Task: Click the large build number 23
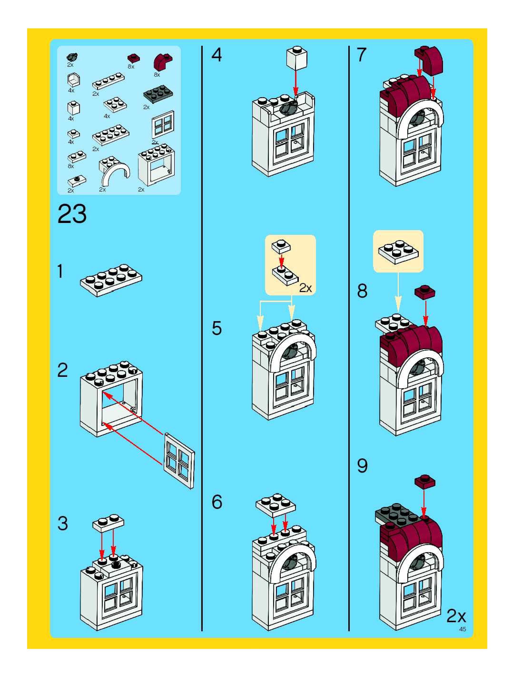[x=72, y=214]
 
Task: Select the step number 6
[x=217, y=502]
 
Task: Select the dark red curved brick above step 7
[x=429, y=60]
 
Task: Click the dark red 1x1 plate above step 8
[x=425, y=291]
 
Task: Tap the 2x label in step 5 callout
[x=305, y=288]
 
